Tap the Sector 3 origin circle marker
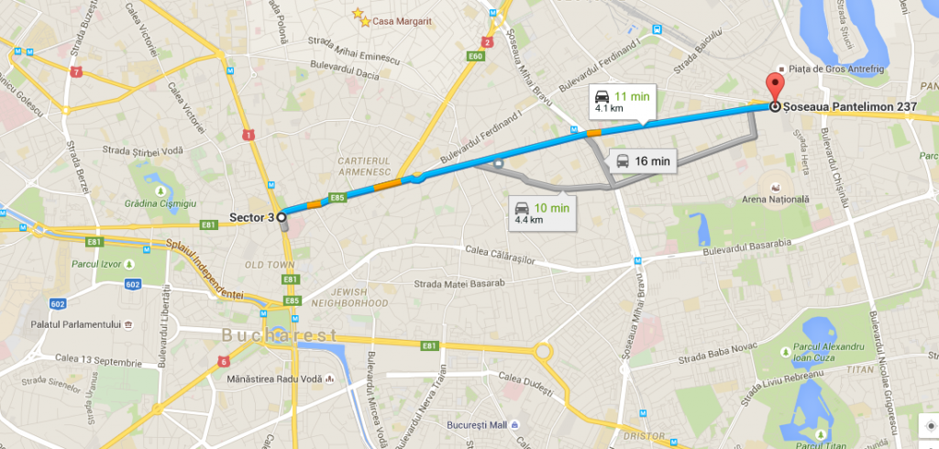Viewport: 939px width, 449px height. [x=282, y=217]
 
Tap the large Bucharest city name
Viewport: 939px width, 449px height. [x=279, y=335]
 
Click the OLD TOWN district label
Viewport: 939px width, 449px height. [x=268, y=265]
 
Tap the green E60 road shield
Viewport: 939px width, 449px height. [x=475, y=57]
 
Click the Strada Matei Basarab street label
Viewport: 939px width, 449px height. [x=459, y=284]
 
